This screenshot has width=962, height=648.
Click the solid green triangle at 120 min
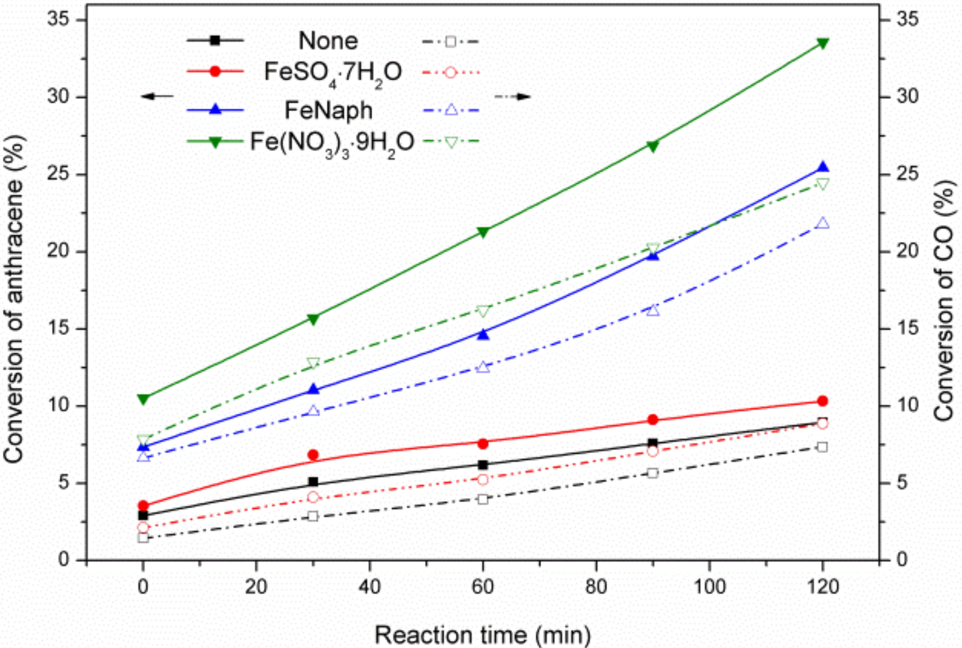pos(822,43)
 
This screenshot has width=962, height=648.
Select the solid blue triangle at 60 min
pos(483,334)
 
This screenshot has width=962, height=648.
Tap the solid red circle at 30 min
pos(313,455)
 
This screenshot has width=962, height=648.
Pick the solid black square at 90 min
pos(653,443)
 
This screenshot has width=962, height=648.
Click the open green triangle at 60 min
pos(483,311)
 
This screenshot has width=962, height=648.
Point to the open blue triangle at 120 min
pos(822,223)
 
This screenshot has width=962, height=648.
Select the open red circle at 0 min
pos(143,527)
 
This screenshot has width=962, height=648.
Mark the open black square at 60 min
pos(483,499)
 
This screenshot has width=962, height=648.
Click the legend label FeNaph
pos(328,110)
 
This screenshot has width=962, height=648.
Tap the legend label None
pos(328,41)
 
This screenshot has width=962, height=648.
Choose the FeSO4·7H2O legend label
pos(332,73)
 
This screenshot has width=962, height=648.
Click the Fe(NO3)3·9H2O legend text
pos(332,143)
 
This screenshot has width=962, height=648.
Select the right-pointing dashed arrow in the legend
pos(513,96)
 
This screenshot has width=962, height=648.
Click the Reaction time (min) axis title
pos(483,635)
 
